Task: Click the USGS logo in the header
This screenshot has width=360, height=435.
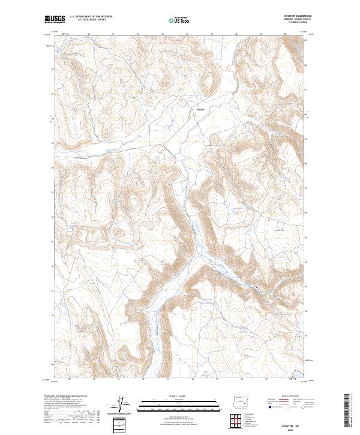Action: tap(55, 19)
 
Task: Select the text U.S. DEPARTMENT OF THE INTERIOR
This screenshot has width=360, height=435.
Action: tap(91, 17)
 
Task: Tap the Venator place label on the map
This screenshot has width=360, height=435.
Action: tap(201, 109)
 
